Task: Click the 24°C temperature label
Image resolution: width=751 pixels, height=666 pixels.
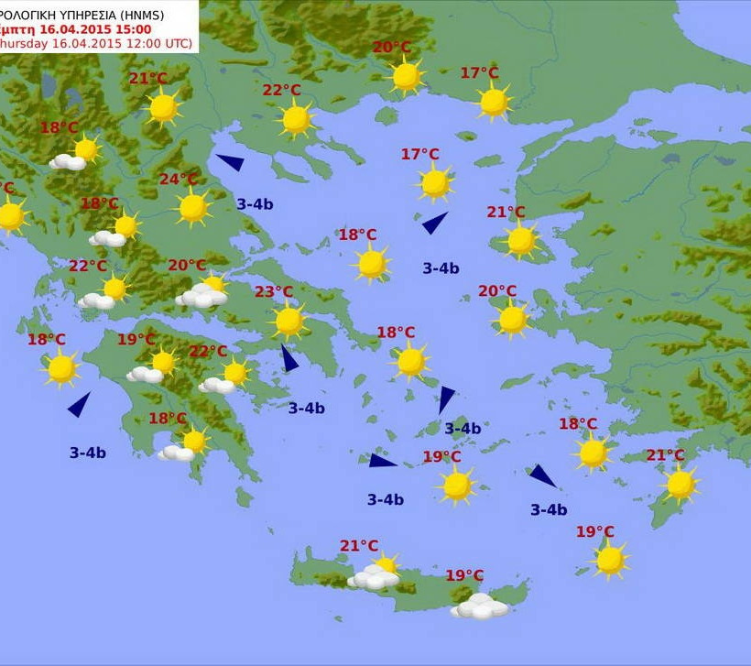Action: tap(179, 180)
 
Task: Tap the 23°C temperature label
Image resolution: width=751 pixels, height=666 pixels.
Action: tap(274, 292)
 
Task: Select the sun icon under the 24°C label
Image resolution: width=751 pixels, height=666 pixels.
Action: tap(193, 208)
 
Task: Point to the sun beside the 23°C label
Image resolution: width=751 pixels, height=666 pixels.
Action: tap(289, 321)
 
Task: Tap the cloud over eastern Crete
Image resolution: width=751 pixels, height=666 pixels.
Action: tap(479, 606)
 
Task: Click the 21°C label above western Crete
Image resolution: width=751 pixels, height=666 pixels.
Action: tap(359, 546)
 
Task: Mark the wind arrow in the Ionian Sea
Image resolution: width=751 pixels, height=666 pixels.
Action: tap(80, 404)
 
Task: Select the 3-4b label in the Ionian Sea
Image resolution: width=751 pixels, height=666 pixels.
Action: tap(88, 453)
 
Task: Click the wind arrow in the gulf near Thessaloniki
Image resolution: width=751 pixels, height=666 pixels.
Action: tap(230, 162)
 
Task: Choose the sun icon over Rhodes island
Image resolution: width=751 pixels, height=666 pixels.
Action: tap(680, 485)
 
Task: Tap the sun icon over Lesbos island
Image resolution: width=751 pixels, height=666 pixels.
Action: tap(521, 241)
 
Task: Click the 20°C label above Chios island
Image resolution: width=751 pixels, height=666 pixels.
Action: tap(497, 291)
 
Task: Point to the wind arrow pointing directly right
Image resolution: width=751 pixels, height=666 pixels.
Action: tap(382, 460)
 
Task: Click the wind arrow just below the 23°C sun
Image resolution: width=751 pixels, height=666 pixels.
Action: tap(289, 358)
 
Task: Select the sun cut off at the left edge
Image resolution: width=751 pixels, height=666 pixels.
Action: tap(10, 216)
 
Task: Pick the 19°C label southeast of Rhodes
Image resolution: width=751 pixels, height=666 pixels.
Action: tap(595, 531)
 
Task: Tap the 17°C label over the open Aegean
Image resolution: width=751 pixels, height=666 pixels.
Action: tap(420, 154)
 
